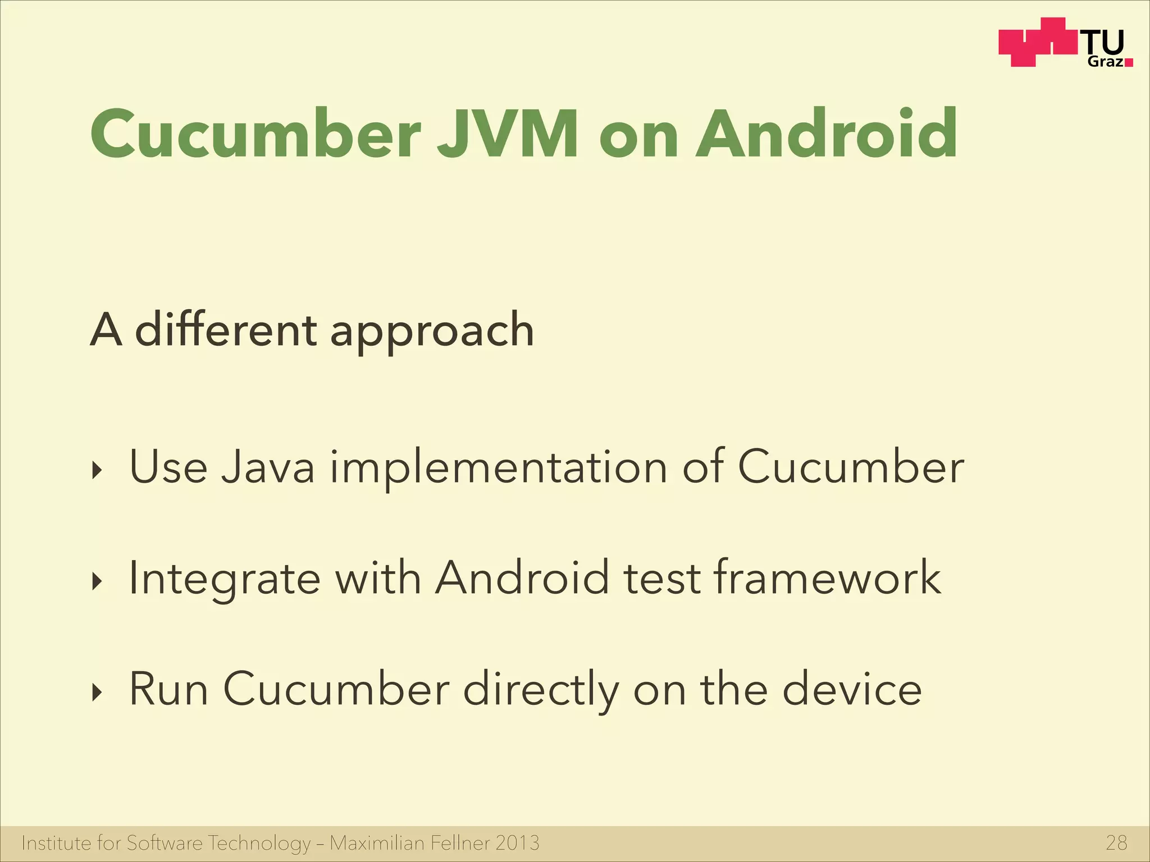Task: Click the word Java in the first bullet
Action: point(267,467)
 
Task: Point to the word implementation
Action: point(498,468)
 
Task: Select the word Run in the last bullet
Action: point(169,689)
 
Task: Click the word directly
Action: point(541,690)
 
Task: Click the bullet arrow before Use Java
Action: point(98,471)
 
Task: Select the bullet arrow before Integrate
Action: point(98,582)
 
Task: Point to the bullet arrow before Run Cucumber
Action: point(98,693)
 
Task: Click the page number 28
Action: point(1116,843)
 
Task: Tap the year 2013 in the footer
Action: point(518,843)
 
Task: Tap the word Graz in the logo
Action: point(1105,62)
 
